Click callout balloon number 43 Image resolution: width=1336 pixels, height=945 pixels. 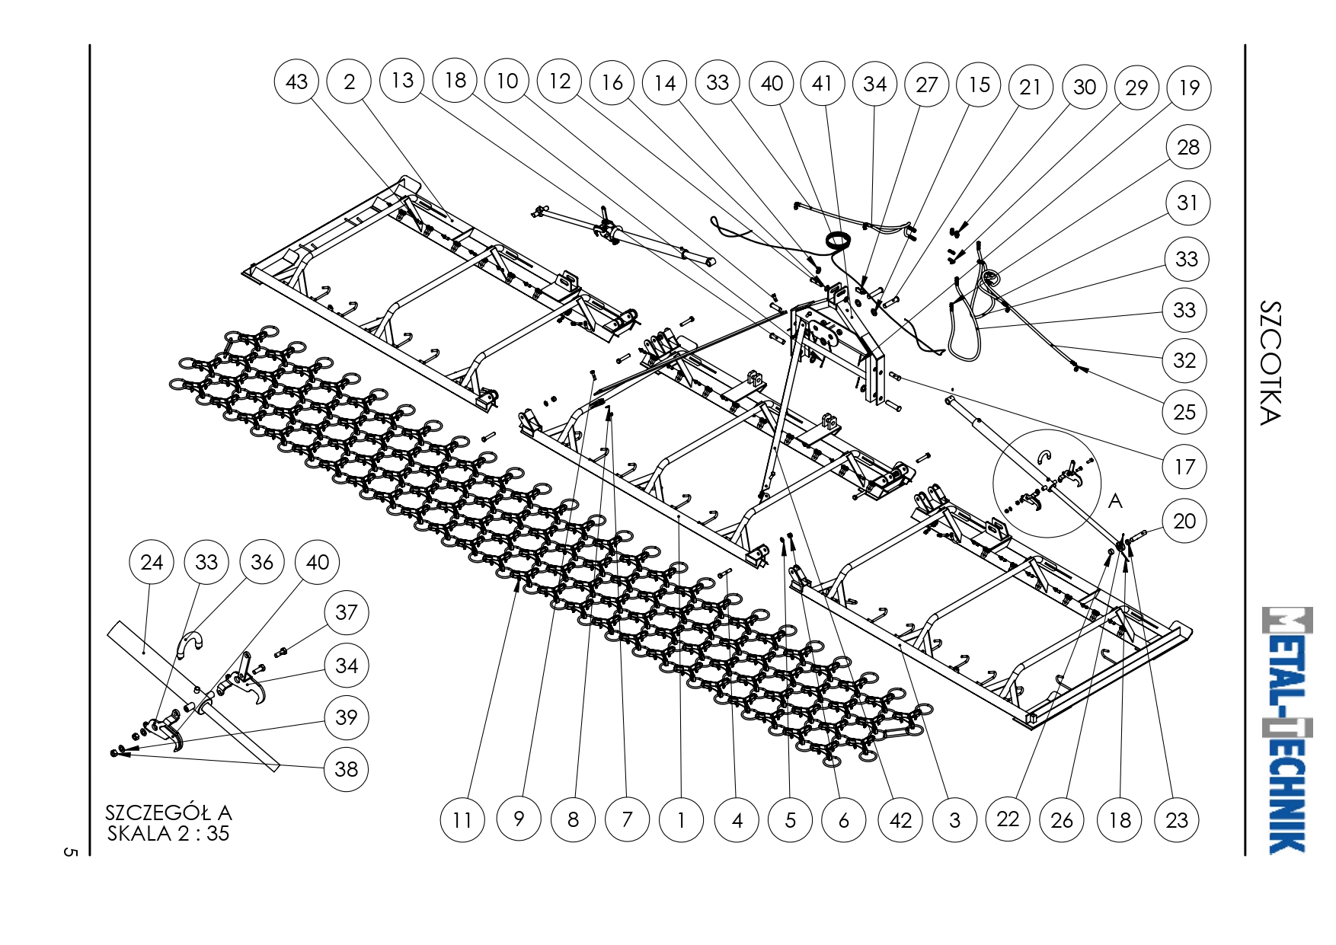click(296, 81)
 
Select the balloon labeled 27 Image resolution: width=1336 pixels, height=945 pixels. click(926, 84)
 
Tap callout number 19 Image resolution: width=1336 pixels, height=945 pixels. click(1189, 88)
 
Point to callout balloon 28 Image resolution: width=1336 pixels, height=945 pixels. click(1188, 147)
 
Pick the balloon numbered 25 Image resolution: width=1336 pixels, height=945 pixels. click(1184, 412)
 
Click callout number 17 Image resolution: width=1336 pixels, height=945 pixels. click(1184, 467)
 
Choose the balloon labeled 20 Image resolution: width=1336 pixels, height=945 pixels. click(1184, 521)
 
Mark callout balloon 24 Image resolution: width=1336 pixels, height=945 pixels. click(152, 562)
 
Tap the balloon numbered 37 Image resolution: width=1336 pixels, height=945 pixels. click(347, 612)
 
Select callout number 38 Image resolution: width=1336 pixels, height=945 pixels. click(347, 769)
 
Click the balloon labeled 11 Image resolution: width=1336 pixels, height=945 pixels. click(462, 820)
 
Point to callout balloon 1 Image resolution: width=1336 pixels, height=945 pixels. click(681, 820)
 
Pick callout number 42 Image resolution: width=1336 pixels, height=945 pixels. click(900, 820)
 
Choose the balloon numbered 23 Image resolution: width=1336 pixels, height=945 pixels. click(1177, 820)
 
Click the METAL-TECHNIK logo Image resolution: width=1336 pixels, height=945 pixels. click(1287, 730)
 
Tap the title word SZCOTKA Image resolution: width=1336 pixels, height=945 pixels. click(1270, 363)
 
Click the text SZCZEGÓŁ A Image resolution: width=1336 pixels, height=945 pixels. click(168, 813)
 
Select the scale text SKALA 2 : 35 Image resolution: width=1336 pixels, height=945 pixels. click(168, 833)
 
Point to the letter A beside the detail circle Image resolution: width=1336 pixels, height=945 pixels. click(1115, 501)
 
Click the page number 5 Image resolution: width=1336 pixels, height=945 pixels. click(70, 852)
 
